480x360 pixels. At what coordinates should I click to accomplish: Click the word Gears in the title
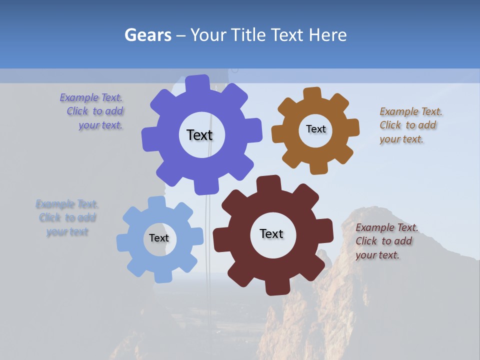147,35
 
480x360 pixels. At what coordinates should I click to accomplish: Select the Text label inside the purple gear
199,135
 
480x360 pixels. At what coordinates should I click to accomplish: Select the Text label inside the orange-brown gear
315,129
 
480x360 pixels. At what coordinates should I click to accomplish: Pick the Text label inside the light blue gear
158,238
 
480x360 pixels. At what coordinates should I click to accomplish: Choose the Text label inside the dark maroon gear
271,233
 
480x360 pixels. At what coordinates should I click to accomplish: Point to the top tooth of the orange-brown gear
312,93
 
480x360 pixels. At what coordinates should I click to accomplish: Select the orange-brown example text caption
410,125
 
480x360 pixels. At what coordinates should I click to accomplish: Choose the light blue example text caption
67,218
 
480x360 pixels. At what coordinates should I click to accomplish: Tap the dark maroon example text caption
386,241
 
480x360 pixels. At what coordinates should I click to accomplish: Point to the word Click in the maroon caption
366,241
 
